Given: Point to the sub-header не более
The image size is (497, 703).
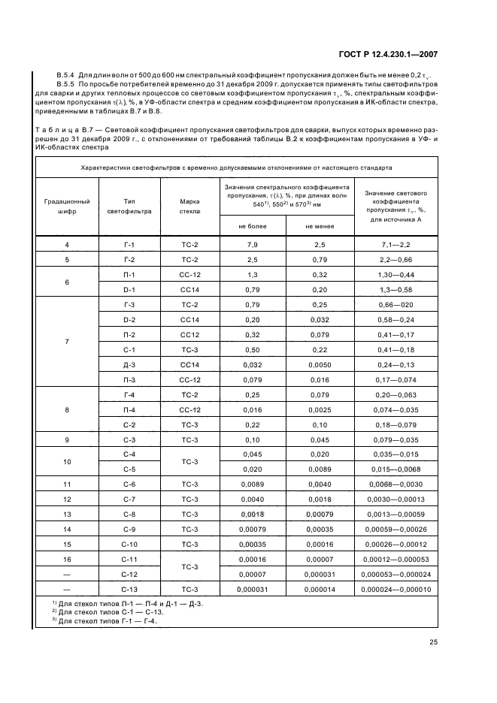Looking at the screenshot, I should click(253, 225).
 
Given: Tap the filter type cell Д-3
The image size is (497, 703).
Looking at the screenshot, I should click(129, 364).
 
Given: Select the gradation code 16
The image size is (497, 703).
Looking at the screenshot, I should click(67, 560).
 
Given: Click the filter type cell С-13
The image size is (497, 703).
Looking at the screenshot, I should click(129, 589).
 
